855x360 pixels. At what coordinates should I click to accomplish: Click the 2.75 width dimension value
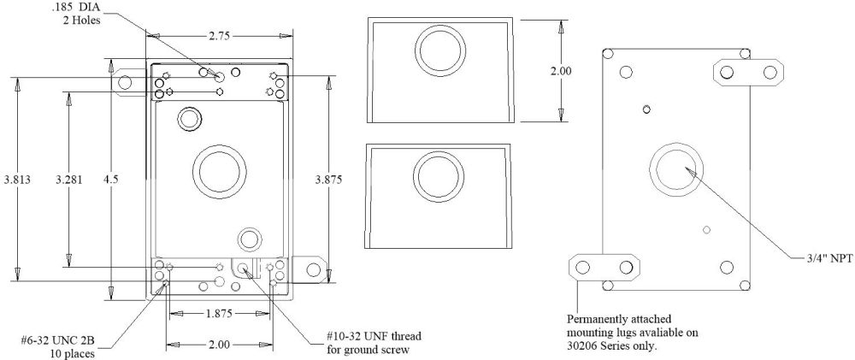pos(221,36)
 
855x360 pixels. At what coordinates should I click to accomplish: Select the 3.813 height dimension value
pos(18,180)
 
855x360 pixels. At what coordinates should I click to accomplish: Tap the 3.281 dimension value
pos(69,180)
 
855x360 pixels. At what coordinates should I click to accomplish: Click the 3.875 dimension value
pos(331,180)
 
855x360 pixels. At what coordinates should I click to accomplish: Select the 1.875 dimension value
pos(221,314)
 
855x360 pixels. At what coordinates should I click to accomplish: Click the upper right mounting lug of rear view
pos(750,72)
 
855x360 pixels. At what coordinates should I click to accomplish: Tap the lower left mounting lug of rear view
pos(604,267)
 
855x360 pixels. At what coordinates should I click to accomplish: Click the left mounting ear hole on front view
pos(125,83)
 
